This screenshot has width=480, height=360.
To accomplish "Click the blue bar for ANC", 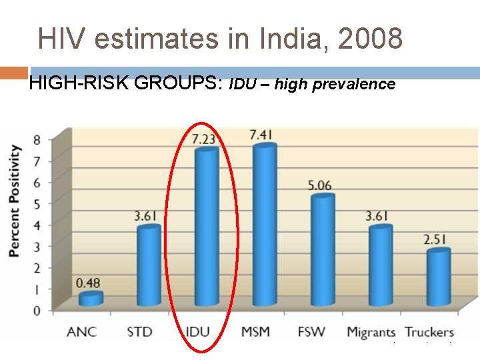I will tap(91, 299).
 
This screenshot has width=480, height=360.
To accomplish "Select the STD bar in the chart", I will tap(149, 265).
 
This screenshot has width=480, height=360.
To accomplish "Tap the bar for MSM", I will tap(264, 224).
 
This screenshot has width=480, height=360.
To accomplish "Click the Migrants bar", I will tap(380, 265).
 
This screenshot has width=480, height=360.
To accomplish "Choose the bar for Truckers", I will tap(439, 277).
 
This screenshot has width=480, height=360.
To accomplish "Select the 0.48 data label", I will tap(87, 283).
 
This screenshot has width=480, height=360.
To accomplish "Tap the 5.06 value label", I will tap(319, 185).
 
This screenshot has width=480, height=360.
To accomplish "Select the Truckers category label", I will tap(429, 331).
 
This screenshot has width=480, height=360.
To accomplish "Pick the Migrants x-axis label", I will tap(371, 332).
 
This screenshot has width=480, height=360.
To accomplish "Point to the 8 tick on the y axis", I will tap(36, 139).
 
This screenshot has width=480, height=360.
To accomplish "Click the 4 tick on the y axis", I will tap(36, 225).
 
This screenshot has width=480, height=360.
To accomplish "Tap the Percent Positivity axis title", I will tap(14, 201).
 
